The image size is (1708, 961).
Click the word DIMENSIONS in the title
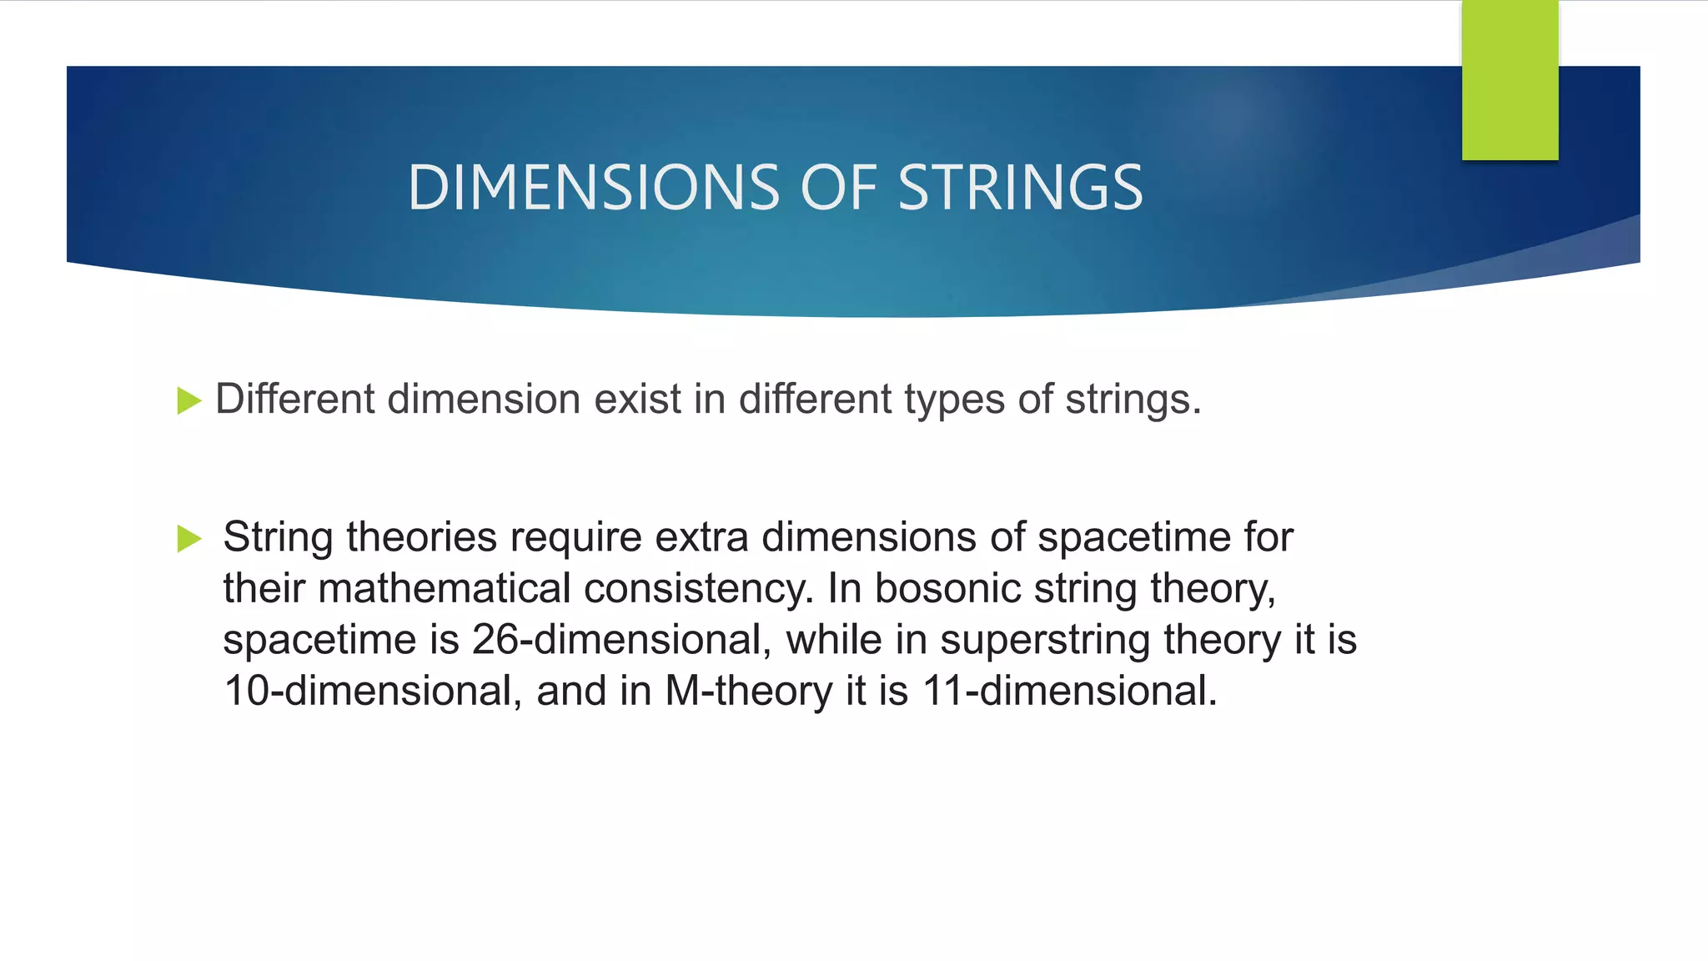593,187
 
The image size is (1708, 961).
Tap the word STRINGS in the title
1019,187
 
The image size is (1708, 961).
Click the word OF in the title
838,187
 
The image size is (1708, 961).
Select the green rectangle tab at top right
1510,80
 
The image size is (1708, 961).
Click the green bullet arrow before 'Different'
189,400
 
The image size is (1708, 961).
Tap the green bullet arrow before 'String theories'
189,538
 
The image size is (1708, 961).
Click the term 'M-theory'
748,692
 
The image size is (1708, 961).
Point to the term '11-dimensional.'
1069,691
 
